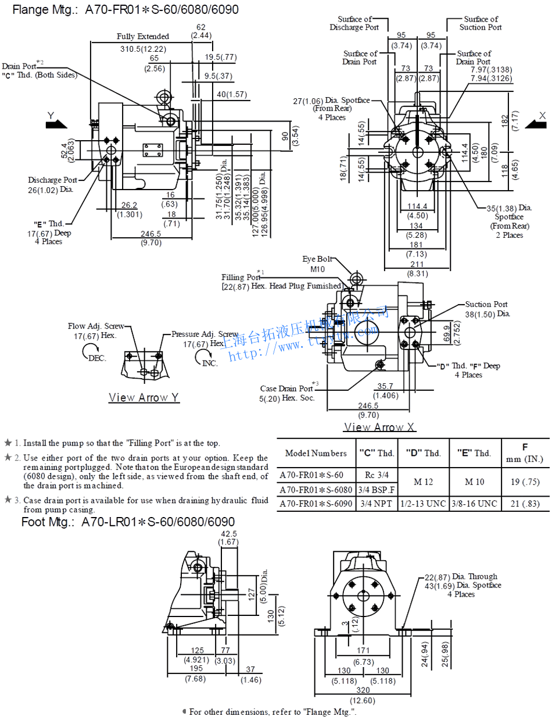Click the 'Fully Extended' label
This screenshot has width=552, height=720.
[x=143, y=36]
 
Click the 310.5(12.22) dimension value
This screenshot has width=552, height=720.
[x=143, y=49]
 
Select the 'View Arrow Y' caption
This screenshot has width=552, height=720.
[x=144, y=398]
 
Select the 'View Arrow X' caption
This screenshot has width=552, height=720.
[x=380, y=427]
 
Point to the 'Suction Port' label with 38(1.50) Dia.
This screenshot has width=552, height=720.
[x=486, y=304]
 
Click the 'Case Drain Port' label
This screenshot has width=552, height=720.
[x=286, y=388]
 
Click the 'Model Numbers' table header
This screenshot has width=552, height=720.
[x=316, y=454]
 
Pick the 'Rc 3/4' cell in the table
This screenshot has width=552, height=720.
[x=374, y=474]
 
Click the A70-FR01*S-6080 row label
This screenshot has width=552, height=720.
[x=316, y=489]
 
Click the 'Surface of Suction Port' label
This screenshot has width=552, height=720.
[x=481, y=23]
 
